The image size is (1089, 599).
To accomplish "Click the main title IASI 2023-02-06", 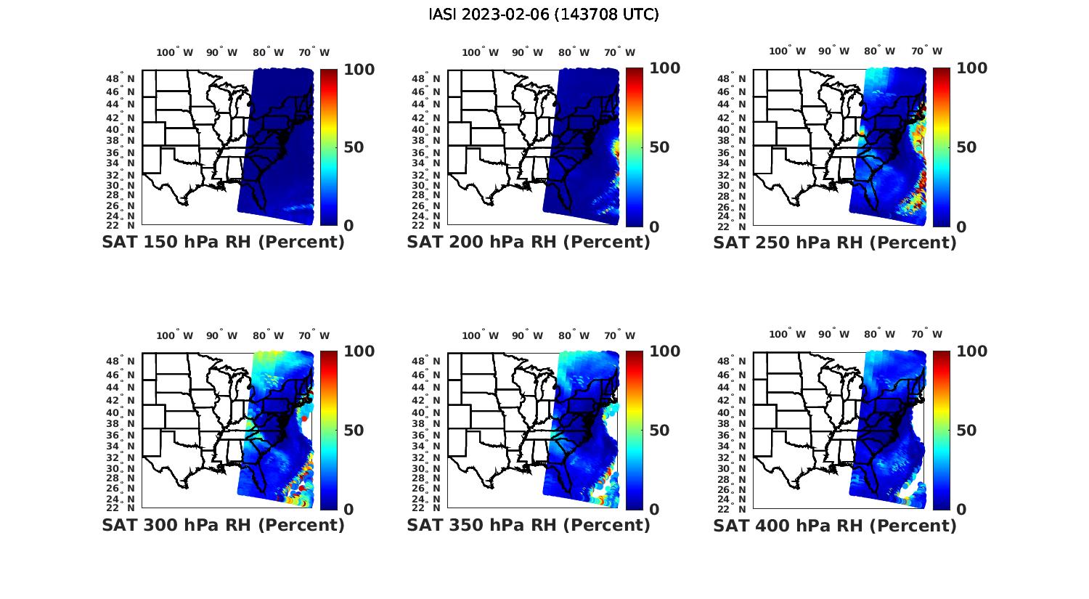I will tap(544, 15).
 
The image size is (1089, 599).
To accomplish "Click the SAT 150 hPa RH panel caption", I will tap(223, 242).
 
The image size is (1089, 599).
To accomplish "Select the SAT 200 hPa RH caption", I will tap(529, 242).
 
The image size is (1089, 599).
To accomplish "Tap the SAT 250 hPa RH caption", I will tap(835, 242).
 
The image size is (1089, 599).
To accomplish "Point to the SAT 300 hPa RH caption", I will tap(223, 525).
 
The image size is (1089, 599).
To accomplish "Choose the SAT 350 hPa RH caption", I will tap(529, 525).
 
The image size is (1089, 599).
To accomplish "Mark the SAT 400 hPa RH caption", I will tap(835, 525).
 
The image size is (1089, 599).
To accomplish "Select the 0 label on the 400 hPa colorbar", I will tap(962, 510).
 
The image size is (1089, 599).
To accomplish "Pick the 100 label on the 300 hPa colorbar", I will tap(359, 351).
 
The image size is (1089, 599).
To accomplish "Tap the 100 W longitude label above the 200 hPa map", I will tap(481, 52).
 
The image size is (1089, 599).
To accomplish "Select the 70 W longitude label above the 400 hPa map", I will tap(926, 335).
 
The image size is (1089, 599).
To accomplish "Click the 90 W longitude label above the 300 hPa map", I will tap(221, 335).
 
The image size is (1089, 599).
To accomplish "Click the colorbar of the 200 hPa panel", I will tap(634, 147).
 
